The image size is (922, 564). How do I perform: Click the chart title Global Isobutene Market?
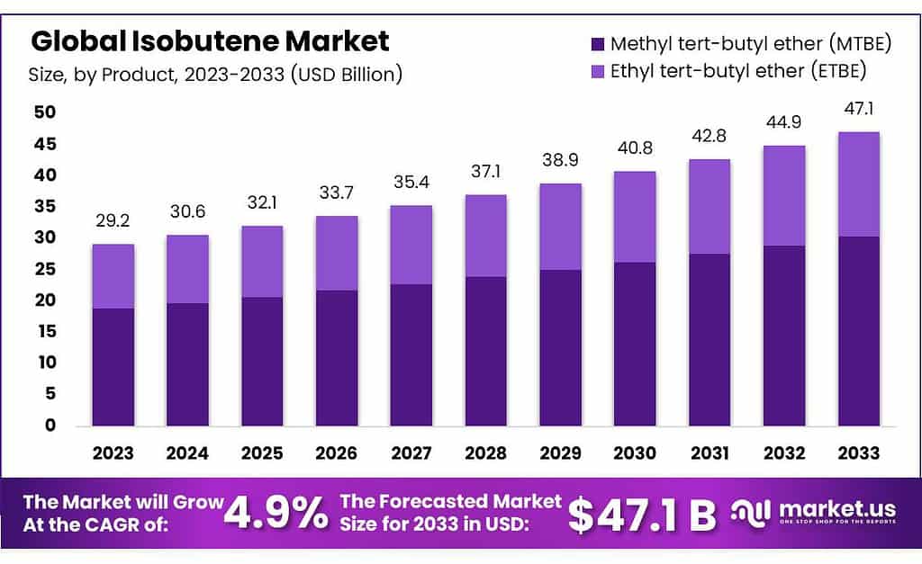[211, 41]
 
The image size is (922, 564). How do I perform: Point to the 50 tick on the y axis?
[44, 112]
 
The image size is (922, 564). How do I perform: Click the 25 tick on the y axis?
[44, 269]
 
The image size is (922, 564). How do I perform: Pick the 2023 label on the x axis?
[113, 452]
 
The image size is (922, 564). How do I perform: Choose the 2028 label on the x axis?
[486, 452]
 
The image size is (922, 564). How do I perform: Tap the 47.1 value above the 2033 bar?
[858, 110]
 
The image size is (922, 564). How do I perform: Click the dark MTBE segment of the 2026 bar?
[337, 357]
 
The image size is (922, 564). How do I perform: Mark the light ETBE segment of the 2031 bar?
[709, 206]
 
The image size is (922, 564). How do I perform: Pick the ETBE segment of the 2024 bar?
[187, 269]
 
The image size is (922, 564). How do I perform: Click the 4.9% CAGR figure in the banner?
[276, 514]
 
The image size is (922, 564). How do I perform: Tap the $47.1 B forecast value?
[641, 515]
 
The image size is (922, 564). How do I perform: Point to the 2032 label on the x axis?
[784, 452]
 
